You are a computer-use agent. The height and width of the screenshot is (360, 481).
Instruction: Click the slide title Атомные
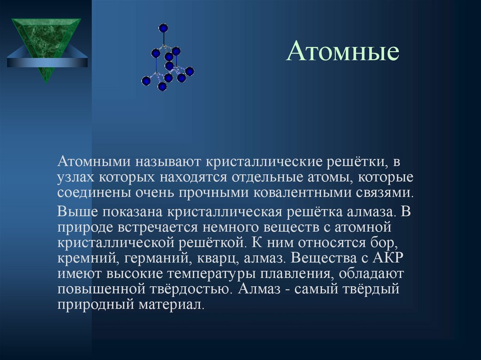coord(343,52)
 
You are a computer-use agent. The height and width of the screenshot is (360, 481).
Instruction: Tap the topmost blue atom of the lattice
coord(163,28)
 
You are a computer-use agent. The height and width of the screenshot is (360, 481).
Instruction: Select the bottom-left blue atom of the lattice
coord(146,81)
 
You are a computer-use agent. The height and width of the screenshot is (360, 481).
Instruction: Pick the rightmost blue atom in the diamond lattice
coord(189,71)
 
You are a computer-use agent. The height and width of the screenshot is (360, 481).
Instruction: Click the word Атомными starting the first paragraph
coord(94,162)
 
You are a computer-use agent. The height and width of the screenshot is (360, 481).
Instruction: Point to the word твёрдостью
coord(194,289)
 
